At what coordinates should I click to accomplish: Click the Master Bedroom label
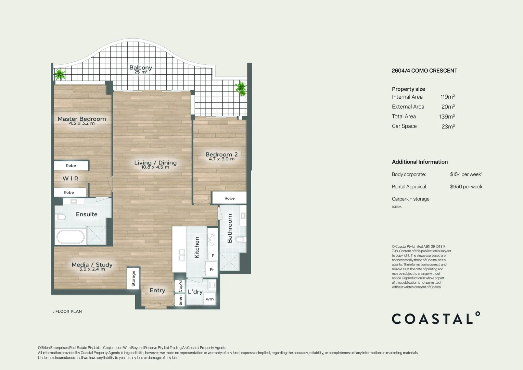click(x=82, y=119)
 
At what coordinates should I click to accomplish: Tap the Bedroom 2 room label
click(x=221, y=155)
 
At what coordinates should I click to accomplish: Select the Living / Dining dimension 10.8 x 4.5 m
click(x=155, y=167)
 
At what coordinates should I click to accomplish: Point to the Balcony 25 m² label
click(x=141, y=69)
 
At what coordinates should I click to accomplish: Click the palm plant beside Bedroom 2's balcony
click(x=241, y=88)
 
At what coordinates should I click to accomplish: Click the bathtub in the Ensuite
click(x=70, y=237)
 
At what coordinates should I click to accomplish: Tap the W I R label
click(x=71, y=178)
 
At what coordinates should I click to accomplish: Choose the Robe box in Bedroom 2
click(x=229, y=198)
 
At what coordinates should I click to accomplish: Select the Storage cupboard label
click(x=133, y=278)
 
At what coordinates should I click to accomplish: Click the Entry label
click(x=157, y=290)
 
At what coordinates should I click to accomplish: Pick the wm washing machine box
click(x=209, y=299)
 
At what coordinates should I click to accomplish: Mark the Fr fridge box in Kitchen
click(x=212, y=270)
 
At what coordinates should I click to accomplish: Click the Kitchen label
click(x=197, y=247)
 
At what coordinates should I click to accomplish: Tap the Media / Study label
click(x=92, y=264)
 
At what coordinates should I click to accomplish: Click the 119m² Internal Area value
click(x=448, y=97)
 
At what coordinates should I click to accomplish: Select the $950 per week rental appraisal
click(x=466, y=187)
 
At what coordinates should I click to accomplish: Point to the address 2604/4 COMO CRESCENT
click(x=424, y=71)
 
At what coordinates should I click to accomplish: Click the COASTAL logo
click(x=436, y=319)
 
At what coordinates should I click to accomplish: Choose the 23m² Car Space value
click(x=448, y=126)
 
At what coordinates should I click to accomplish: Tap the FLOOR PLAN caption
click(x=68, y=311)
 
